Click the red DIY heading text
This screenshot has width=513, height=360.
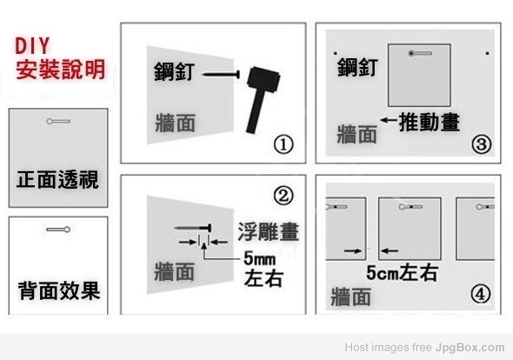click(32, 45)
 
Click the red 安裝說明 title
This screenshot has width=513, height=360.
click(61, 69)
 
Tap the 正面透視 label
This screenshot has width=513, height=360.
click(57, 180)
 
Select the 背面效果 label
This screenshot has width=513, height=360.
click(59, 290)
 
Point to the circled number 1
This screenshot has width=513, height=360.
click(283, 145)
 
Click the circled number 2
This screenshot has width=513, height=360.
click(283, 196)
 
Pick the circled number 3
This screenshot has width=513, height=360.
click(482, 144)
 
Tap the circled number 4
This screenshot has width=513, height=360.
click(481, 294)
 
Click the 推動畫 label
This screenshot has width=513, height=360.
click(430, 122)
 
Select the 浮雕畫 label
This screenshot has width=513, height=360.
click(269, 231)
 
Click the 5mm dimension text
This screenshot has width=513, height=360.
click(259, 258)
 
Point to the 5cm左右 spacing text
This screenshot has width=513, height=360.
click(402, 273)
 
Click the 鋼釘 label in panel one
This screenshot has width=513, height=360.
click(175, 71)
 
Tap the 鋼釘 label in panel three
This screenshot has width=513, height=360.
click(357, 67)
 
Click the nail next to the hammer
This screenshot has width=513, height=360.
click(221, 74)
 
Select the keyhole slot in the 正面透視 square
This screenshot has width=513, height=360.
click(58, 122)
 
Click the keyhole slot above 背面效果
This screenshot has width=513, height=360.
click(58, 230)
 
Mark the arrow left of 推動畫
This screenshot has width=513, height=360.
click(389, 120)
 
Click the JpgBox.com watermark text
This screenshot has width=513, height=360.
click(470, 347)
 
